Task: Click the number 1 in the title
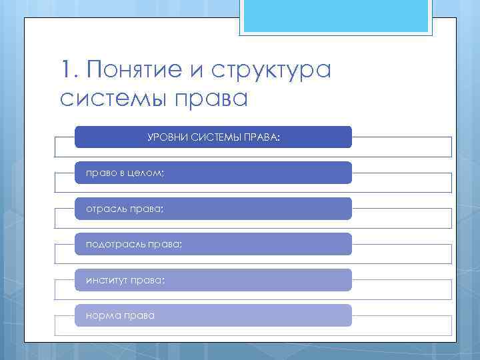point(65,69)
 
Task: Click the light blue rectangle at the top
point(336,16)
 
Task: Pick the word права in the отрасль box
point(146,209)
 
